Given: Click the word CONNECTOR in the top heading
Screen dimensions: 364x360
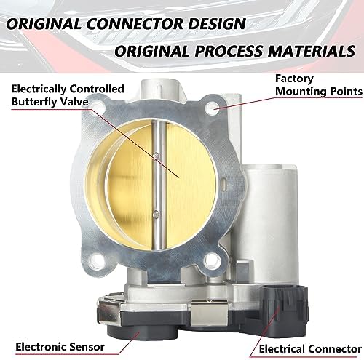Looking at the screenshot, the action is point(135,24).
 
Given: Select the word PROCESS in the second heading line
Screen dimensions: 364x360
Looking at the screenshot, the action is point(229,51).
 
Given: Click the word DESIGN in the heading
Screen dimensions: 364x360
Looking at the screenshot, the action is point(217,24).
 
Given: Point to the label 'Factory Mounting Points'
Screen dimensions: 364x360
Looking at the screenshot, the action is point(319,85).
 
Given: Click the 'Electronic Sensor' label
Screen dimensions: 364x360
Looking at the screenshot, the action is point(60,347).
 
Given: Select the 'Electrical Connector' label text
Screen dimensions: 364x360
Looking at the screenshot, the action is point(310,349).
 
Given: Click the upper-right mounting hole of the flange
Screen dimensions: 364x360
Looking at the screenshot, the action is point(213,108).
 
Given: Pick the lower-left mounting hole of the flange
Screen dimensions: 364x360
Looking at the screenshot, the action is point(97,262).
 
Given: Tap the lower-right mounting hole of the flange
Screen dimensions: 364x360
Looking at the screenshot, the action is point(212,260).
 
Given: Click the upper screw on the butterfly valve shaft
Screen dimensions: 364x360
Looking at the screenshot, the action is point(157,156).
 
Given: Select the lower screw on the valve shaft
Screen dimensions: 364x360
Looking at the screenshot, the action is point(157,215).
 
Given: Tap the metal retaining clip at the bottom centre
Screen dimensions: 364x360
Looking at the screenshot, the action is point(209,313).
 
